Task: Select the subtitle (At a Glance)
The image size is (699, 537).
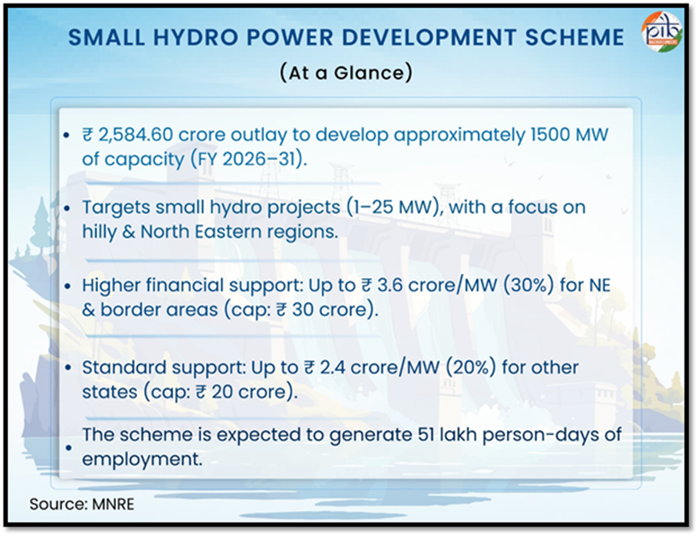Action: [x=345, y=73]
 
